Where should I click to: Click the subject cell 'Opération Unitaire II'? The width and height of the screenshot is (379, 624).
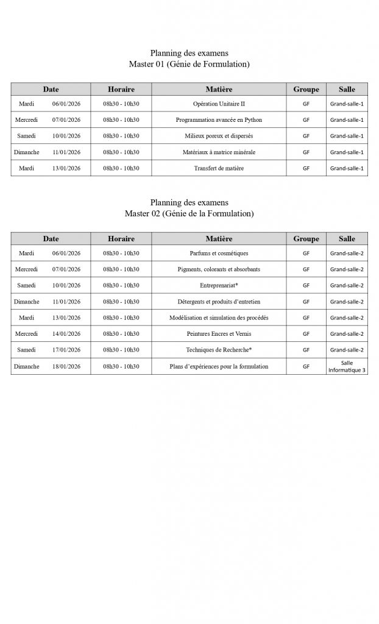click(219, 104)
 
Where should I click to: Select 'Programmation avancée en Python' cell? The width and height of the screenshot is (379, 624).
click(219, 120)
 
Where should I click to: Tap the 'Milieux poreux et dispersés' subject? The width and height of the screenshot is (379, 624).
click(219, 136)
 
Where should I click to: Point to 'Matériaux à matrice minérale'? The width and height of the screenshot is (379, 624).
click(219, 152)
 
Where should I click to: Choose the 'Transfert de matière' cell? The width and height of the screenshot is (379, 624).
click(219, 168)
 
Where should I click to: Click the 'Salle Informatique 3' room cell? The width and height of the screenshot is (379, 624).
click(347, 366)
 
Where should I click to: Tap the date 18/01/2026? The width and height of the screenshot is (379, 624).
click(66, 366)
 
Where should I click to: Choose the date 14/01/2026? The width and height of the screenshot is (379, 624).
click(66, 334)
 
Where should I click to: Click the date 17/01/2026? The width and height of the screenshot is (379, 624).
click(66, 350)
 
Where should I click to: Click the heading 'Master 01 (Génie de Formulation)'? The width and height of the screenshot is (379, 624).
click(189, 64)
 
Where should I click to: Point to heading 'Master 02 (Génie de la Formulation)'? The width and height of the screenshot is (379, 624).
click(189, 213)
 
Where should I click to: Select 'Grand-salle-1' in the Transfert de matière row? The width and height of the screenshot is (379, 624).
click(347, 168)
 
